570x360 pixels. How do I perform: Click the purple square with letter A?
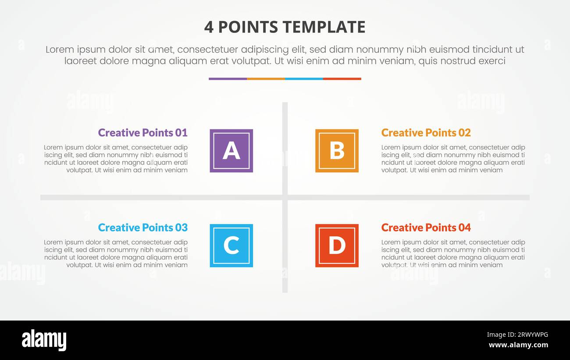(x=231, y=150)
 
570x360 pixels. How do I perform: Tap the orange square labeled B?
(x=337, y=150)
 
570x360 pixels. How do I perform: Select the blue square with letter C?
(x=231, y=246)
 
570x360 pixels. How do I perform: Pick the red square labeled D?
(x=337, y=246)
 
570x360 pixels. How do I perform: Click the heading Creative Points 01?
(x=142, y=132)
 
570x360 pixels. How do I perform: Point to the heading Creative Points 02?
(x=426, y=132)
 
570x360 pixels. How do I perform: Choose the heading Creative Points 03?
(x=142, y=228)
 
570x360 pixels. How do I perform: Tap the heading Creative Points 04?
(x=426, y=228)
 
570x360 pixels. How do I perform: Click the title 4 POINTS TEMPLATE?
(x=285, y=27)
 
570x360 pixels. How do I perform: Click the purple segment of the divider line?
(x=228, y=79)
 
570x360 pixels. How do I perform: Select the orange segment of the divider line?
(x=266, y=79)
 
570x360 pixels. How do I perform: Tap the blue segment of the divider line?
(x=304, y=79)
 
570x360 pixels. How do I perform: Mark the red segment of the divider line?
(x=342, y=79)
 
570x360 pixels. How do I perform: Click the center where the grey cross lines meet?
(x=285, y=197)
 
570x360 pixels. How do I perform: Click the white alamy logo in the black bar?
(x=44, y=340)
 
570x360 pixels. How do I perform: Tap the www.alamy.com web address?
(x=518, y=345)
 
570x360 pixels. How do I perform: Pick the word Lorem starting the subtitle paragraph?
(x=60, y=50)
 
